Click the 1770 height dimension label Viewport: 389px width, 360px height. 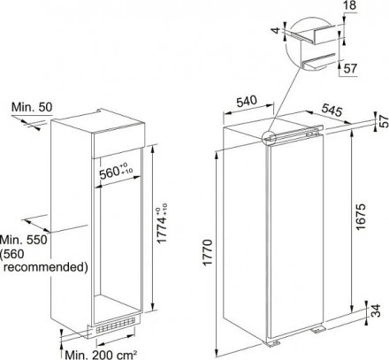point(208,253)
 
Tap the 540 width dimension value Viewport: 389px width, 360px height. point(247,102)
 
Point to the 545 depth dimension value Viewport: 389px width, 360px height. point(332,110)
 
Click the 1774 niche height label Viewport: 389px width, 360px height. point(162,224)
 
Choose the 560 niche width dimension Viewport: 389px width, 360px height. point(116,172)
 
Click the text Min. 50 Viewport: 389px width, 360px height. point(32,107)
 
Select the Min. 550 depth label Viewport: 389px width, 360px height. point(24,240)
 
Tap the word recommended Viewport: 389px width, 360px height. point(46,267)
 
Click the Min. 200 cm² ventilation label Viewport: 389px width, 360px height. point(101,354)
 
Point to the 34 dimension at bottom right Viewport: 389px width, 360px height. point(376,310)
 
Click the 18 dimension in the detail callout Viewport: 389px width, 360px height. point(349,5)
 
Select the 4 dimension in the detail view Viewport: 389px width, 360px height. point(275,30)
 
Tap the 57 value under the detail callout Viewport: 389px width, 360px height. point(350,69)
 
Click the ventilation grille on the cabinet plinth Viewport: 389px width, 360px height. point(116,326)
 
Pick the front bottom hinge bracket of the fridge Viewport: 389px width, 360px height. point(273,343)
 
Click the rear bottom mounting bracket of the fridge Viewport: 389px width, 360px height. point(318,329)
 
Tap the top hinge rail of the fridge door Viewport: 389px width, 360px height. point(294,135)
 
